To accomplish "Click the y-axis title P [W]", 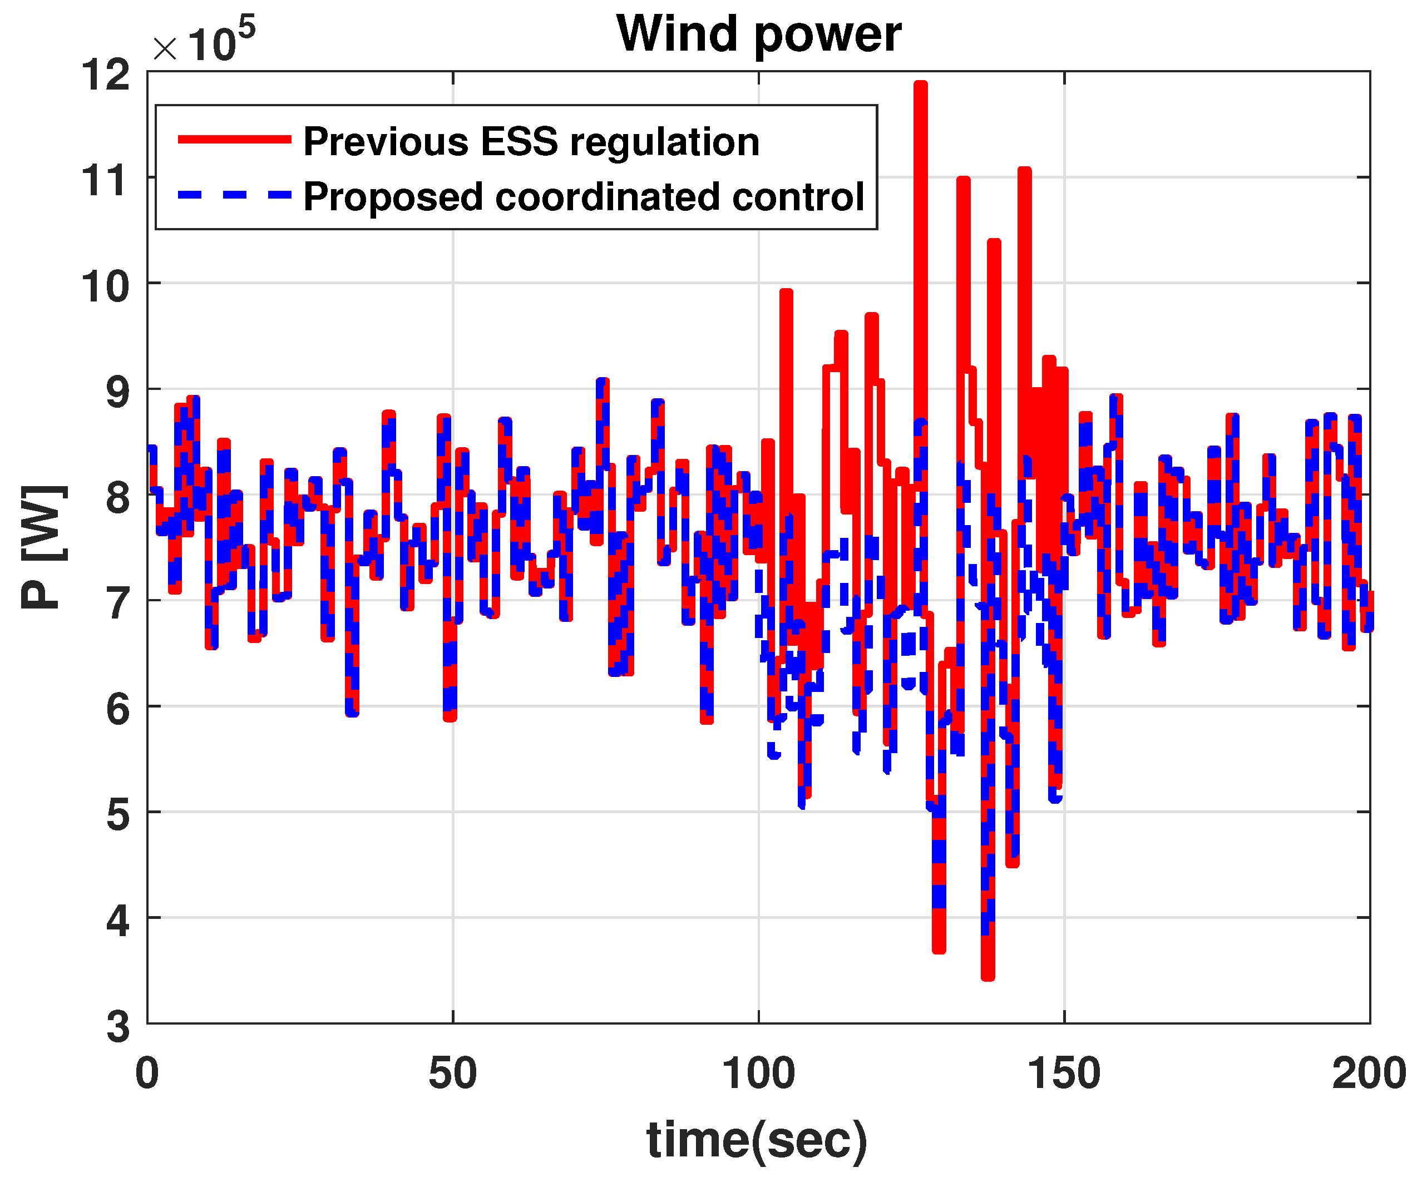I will pos(45,547).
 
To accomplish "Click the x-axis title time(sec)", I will pos(757,1140).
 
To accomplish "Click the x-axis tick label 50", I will pos(452,1074).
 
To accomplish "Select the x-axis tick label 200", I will pos(1369,1074).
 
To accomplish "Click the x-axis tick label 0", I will pos(147,1074).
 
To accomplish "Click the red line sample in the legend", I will pos(234,140).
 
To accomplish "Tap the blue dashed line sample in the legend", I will pos(234,195).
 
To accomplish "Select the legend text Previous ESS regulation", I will pos(531,142).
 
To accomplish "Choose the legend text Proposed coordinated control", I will pos(584,197).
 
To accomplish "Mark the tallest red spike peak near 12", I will pos(920,85).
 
